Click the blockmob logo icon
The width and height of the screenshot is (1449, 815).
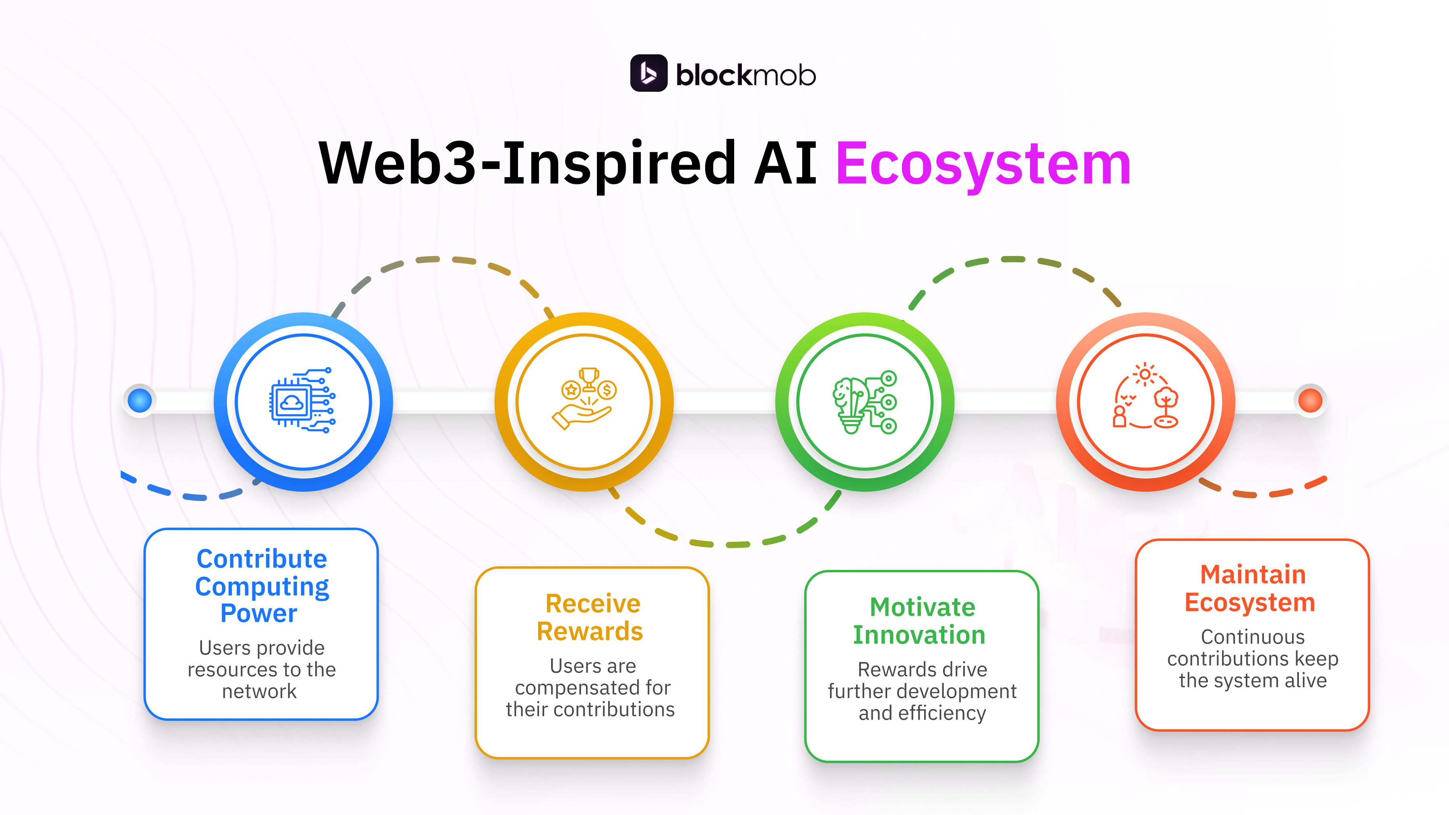648,73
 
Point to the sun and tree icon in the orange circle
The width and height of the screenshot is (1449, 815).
1145,397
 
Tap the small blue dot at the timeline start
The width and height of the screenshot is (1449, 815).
140,400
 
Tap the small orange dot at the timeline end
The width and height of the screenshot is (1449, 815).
1310,400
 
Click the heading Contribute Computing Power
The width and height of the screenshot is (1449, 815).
262,586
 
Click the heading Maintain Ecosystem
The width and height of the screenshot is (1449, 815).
1251,588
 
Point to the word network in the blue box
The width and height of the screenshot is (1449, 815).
259,691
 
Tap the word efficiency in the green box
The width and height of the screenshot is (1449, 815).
942,713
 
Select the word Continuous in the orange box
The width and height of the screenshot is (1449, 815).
1253,637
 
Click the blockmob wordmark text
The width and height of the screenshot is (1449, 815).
745,75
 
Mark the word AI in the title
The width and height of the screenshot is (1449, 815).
785,164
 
